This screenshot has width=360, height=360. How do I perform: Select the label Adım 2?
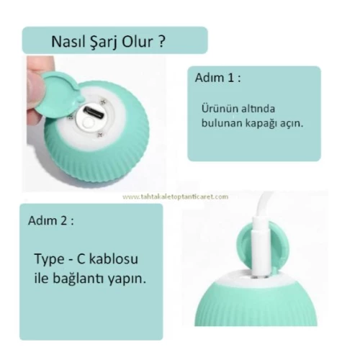pos(51,219)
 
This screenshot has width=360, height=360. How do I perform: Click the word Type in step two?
pos(50,258)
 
